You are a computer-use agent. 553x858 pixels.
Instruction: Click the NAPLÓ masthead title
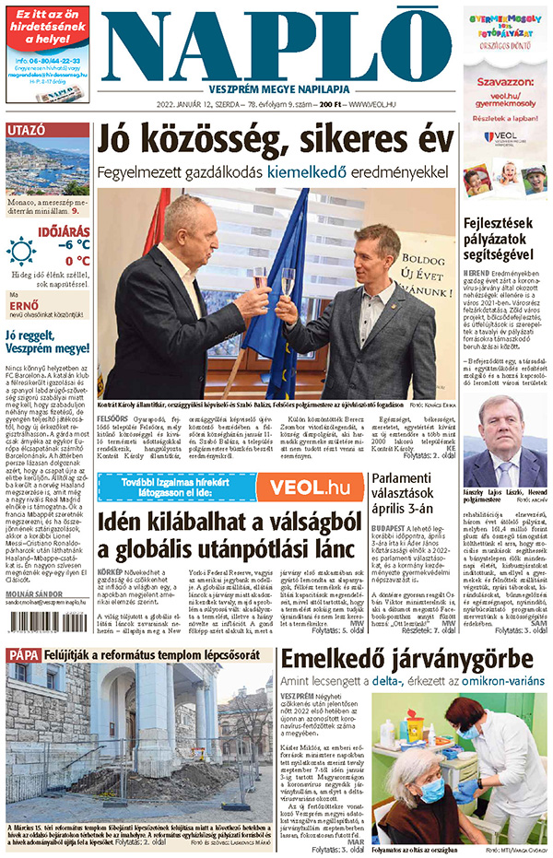[x=276, y=46]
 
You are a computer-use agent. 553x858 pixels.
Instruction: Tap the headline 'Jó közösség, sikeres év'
[x=276, y=141]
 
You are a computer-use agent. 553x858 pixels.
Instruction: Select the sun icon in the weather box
[x=19, y=251]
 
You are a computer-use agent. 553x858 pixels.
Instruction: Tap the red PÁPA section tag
[x=21, y=655]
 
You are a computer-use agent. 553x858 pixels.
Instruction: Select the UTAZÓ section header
[x=28, y=130]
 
